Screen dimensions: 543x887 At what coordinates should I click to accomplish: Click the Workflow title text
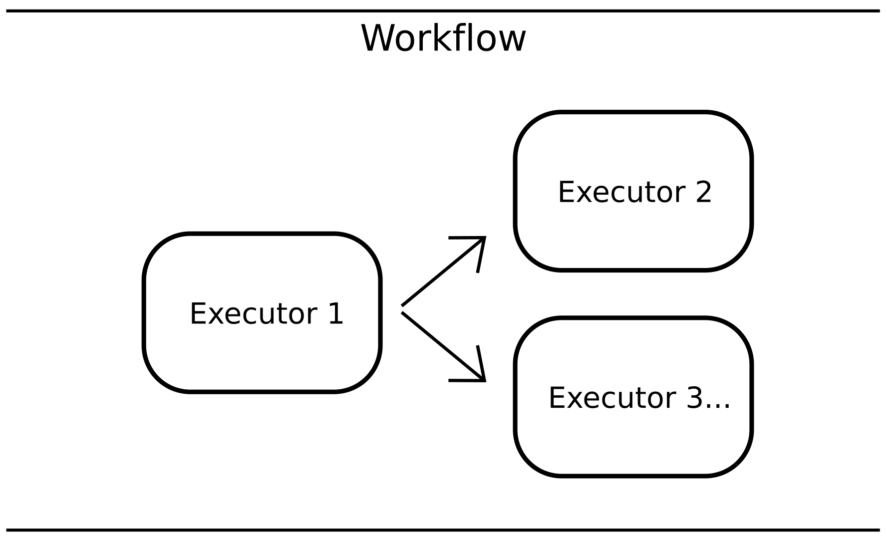[443, 38]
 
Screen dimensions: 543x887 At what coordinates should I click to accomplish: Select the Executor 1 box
[262, 349]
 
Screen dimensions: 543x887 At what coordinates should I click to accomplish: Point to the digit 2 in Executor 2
[703, 192]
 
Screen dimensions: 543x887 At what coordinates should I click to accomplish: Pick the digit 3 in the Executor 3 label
[694, 398]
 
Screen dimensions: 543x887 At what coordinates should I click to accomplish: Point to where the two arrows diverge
[402, 309]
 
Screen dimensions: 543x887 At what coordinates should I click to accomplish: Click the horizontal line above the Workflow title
[443, 10]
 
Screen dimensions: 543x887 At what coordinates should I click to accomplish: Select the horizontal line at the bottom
[443, 530]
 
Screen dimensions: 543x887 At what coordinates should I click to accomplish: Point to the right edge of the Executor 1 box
[380, 313]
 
